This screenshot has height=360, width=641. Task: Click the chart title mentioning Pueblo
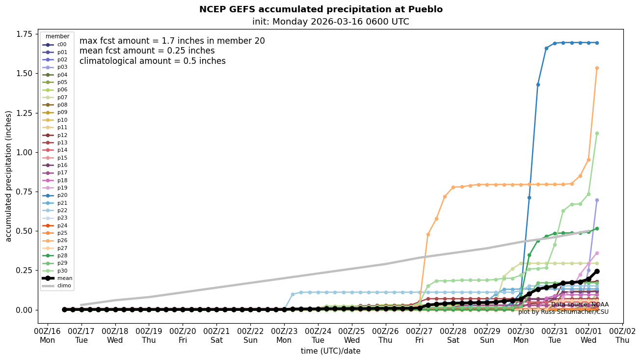click(x=320, y=9)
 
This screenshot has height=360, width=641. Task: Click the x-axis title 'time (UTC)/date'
click(x=330, y=351)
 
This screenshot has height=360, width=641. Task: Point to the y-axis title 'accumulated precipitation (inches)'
click(x=8, y=176)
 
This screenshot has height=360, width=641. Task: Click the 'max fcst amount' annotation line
click(x=172, y=41)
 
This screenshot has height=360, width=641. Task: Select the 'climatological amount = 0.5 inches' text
click(x=152, y=61)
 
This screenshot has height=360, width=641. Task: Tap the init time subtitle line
click(x=330, y=22)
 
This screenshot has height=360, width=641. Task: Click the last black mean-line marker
click(x=597, y=271)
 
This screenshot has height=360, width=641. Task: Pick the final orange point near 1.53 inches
click(x=597, y=68)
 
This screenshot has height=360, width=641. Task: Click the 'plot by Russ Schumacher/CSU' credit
click(x=563, y=312)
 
